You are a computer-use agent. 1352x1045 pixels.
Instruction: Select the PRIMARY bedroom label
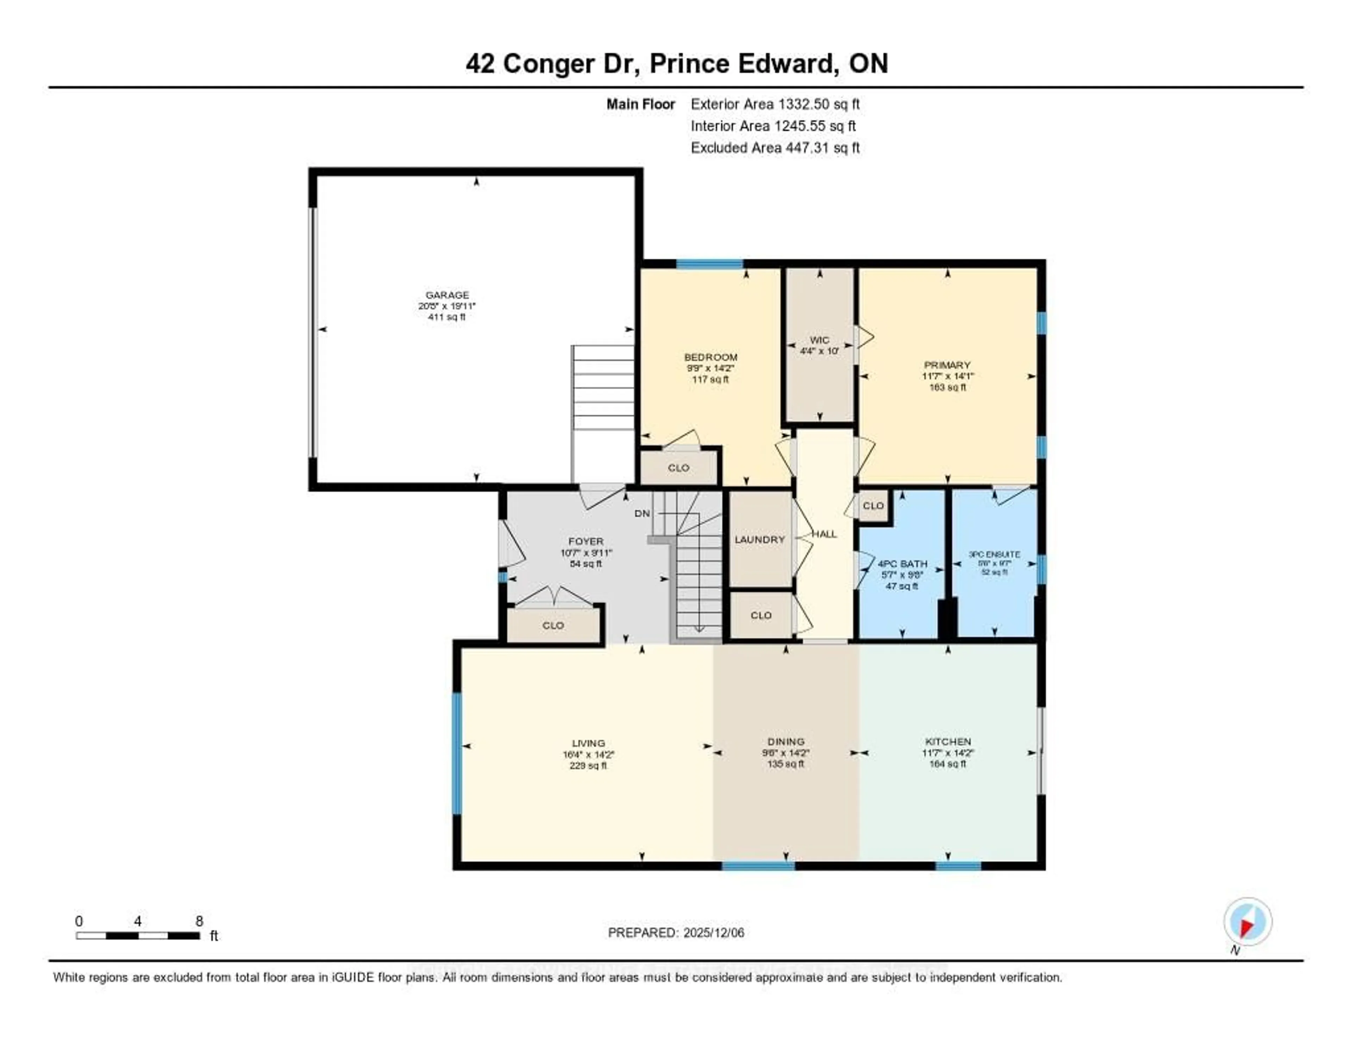coord(947,365)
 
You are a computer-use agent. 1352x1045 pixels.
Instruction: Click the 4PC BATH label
coord(902,564)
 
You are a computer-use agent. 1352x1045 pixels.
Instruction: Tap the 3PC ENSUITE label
coord(994,555)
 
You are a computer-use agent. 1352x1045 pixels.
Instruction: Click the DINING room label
coord(785,742)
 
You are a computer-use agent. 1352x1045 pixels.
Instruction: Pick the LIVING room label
coord(588,743)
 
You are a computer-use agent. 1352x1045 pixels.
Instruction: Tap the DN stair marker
coord(642,514)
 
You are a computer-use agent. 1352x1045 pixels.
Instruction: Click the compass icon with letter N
coord(1247,922)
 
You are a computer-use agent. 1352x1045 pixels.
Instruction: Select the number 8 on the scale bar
coord(199,921)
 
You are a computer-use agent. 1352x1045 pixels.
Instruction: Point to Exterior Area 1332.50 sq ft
coord(775,104)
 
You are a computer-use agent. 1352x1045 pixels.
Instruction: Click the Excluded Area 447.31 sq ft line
coord(775,147)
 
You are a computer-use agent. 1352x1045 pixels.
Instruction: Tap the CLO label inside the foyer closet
coord(553,625)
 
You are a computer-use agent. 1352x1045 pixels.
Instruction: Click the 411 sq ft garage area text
coord(447,317)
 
